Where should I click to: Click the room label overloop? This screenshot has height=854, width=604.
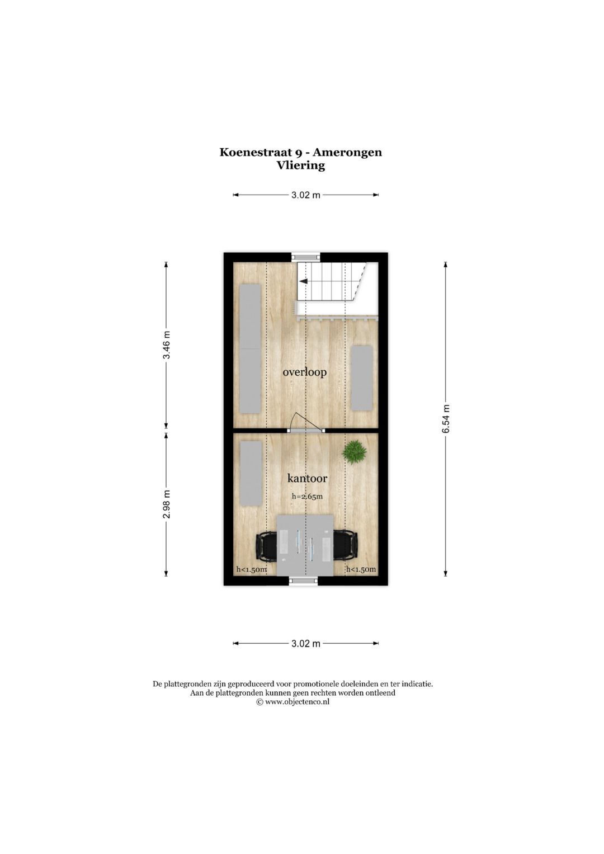pyautogui.click(x=304, y=372)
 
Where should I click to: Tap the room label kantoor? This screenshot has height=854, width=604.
pyautogui.click(x=307, y=478)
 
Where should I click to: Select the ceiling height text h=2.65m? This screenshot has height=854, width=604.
pyautogui.click(x=307, y=496)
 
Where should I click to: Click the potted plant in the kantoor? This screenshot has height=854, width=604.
pyautogui.click(x=355, y=451)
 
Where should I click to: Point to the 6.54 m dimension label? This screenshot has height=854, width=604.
pyautogui.click(x=446, y=419)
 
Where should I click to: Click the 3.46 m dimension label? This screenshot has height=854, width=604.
pyautogui.click(x=166, y=346)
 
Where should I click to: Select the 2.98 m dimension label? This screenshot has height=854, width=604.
pyautogui.click(x=166, y=504)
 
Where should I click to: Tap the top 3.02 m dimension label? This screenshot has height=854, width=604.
pyautogui.click(x=306, y=195)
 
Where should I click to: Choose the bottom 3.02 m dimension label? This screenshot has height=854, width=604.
pyautogui.click(x=306, y=644)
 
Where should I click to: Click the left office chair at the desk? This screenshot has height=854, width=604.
pyautogui.click(x=266, y=546)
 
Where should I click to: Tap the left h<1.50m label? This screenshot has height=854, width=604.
pyautogui.click(x=251, y=570)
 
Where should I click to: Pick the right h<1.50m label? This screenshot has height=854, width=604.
pyautogui.click(x=361, y=570)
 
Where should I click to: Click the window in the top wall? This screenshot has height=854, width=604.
pyautogui.click(x=306, y=257)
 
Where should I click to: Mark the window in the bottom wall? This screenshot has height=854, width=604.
pyautogui.click(x=303, y=582)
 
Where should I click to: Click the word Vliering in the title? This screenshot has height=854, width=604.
pyautogui.click(x=301, y=166)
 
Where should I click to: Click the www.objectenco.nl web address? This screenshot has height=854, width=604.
pyautogui.click(x=297, y=702)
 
